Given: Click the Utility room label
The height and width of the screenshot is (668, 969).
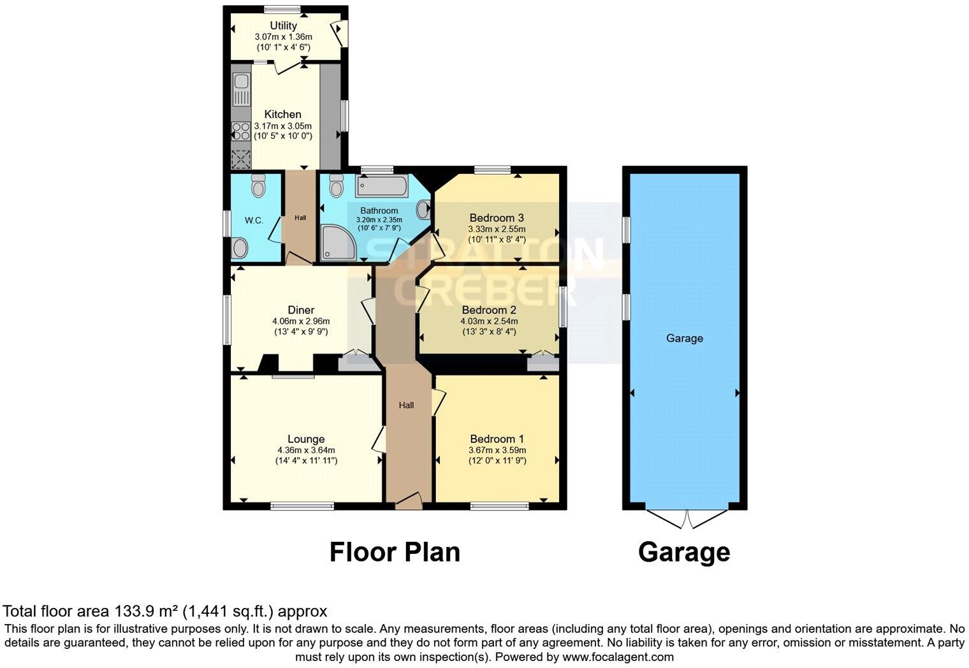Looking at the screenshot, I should click(283, 25).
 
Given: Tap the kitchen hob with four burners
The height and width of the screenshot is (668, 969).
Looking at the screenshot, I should click(241, 131).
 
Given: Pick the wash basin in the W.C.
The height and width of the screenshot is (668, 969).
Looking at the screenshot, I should click(240, 248).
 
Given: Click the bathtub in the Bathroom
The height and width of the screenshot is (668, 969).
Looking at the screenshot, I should click(381, 187).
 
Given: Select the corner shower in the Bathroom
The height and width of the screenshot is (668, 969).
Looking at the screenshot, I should click(335, 244).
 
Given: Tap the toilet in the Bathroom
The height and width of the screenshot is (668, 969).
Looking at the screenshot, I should click(337, 185).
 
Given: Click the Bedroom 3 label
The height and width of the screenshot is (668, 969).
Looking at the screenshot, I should click(496, 217).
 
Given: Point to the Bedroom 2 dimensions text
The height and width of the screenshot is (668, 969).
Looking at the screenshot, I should click(488, 326).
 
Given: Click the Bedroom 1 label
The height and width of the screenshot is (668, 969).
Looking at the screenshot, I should click(497, 439).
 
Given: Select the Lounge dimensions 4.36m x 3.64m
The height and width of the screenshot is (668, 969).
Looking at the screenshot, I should click(306, 450).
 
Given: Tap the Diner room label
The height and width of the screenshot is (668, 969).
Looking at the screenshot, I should click(301, 310).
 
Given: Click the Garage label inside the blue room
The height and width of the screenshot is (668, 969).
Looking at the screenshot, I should click(685, 338).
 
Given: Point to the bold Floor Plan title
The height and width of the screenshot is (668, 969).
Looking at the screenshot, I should click(395, 552).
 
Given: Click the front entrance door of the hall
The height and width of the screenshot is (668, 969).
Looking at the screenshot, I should click(409, 500).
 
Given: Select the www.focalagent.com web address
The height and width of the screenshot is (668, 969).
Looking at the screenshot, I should click(618, 657).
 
